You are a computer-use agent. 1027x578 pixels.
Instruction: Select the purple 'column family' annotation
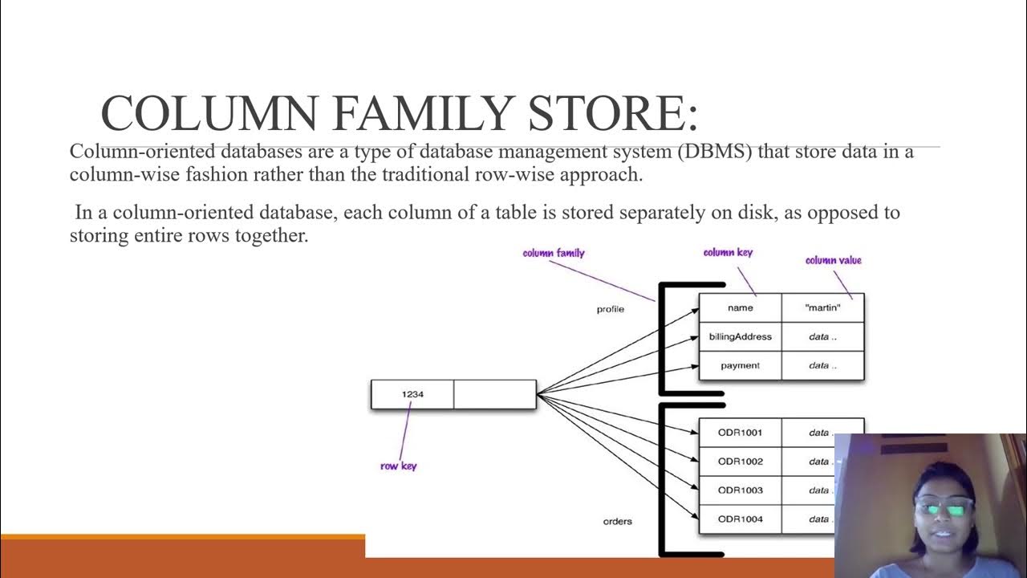coord(554,253)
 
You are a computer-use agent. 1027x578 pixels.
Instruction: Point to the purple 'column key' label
coord(728,252)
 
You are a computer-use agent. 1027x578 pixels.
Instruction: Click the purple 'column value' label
coord(833,260)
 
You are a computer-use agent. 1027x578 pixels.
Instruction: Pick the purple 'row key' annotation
coord(398,466)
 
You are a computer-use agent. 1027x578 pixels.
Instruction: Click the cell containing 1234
coord(412,394)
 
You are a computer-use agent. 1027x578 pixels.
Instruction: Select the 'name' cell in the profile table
coord(740,307)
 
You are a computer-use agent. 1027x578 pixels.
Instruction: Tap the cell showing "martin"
coord(822,307)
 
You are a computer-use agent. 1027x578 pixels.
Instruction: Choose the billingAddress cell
coord(740,336)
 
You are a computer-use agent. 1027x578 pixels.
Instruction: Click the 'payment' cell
coord(740,365)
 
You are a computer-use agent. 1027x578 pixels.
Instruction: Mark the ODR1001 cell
coord(740,433)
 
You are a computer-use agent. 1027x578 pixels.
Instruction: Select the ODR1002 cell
coord(740,462)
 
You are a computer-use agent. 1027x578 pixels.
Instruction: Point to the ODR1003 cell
coord(740,490)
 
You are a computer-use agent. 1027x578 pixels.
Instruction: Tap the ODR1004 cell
coord(740,519)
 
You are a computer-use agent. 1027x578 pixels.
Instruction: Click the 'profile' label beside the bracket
coord(611,309)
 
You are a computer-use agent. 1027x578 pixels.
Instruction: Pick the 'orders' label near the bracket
coord(617,521)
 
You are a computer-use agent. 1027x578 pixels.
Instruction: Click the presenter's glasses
coord(944,507)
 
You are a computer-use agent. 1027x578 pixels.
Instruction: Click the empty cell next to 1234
coord(494,394)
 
